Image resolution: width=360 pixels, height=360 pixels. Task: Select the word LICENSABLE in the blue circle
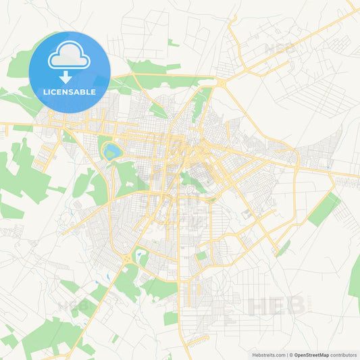coord(70,91)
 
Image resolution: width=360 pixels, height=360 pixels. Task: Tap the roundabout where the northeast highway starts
coord(222,82)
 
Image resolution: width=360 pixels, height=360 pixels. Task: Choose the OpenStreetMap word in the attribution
coord(311,354)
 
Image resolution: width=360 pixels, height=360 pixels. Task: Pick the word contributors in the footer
coord(344,354)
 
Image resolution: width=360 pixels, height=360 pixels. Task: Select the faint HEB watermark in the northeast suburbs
coord(279,49)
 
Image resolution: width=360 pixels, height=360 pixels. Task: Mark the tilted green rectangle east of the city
coord(324,209)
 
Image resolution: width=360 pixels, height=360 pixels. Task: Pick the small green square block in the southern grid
coord(201,256)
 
